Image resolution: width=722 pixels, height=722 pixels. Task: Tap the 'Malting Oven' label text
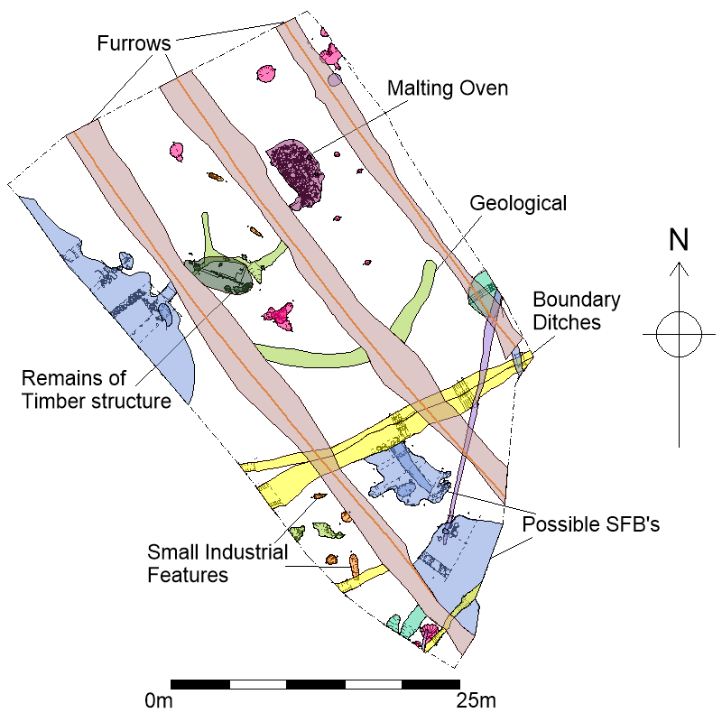click(x=448, y=88)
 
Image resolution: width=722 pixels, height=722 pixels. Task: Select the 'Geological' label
click(x=518, y=203)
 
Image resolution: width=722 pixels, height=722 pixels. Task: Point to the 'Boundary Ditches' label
click(x=566, y=310)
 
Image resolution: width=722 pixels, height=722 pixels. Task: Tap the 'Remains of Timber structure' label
click(x=97, y=388)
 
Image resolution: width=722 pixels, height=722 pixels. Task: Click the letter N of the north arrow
click(x=679, y=239)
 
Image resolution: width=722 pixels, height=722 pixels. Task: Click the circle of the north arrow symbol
click(x=679, y=335)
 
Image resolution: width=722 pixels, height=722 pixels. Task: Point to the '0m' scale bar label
click(x=162, y=700)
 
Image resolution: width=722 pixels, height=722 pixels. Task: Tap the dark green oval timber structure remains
click(x=220, y=274)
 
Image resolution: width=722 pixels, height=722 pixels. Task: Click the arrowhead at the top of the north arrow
click(x=679, y=268)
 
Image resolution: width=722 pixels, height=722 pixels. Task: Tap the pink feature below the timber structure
click(x=280, y=315)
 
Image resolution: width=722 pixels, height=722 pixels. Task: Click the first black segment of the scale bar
click(x=199, y=684)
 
